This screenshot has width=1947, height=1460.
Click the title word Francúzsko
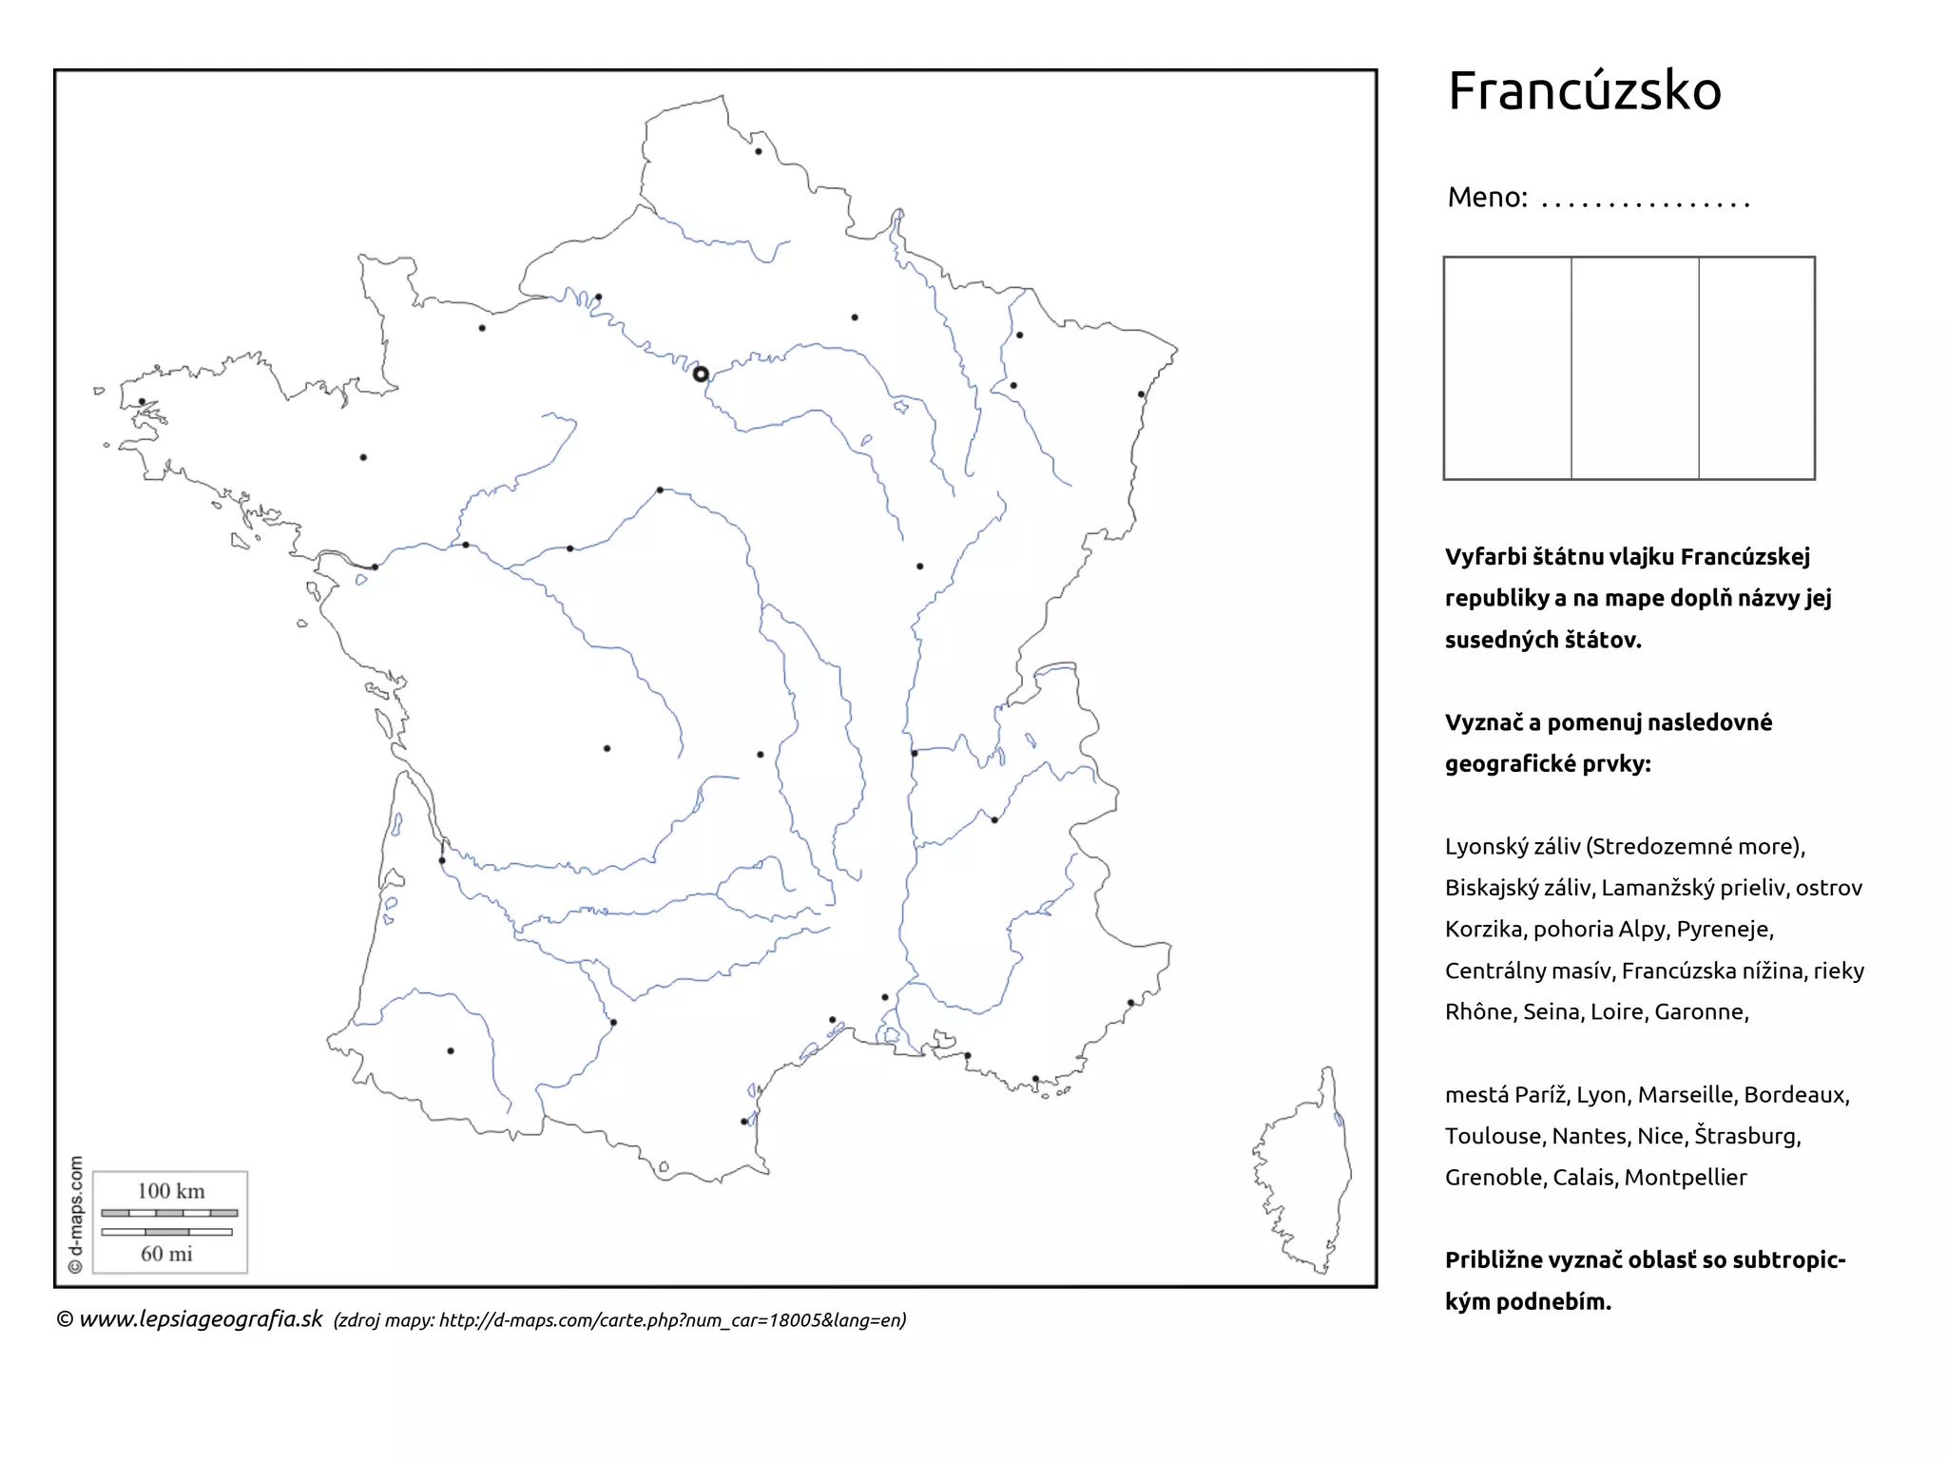point(1584,91)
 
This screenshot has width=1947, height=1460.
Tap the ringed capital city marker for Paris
point(701,375)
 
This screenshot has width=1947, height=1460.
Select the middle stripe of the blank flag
point(1634,368)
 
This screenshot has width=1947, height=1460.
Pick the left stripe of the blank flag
point(1508,368)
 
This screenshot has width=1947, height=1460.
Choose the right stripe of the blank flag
point(1756,368)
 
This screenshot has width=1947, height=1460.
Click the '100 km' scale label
point(171,1191)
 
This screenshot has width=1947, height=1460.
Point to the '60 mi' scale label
point(167,1254)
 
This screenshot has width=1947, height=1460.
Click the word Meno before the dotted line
point(1487,198)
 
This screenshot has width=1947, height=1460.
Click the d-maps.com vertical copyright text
point(76,1215)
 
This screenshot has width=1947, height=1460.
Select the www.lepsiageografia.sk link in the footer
point(201,1319)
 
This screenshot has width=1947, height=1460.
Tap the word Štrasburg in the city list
point(1746,1136)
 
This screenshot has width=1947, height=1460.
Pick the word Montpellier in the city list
point(1685,1177)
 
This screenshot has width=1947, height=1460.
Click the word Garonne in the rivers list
point(1700,1011)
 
